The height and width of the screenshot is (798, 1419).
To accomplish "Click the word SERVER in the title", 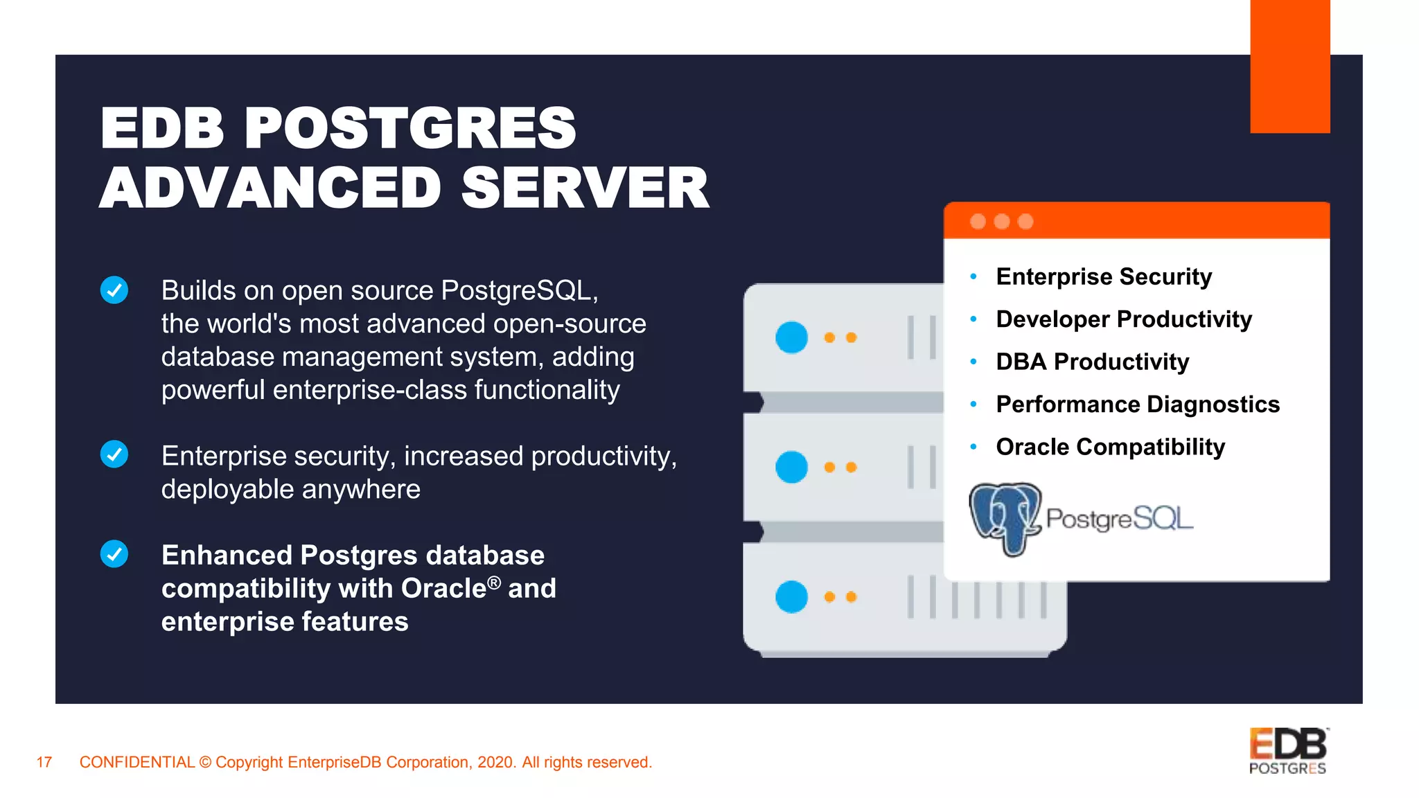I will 585,188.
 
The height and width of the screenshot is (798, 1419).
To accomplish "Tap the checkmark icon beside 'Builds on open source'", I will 114,290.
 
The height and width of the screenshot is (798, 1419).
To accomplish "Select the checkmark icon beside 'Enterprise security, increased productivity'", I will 114,454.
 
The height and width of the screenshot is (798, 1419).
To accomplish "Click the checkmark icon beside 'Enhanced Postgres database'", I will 114,554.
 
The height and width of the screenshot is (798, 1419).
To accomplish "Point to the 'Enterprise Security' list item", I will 1104,276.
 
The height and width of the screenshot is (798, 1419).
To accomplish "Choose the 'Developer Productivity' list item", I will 1123,319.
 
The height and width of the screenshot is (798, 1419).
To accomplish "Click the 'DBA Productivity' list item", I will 1092,362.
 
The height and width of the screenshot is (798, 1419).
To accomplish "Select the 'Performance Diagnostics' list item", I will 1137,405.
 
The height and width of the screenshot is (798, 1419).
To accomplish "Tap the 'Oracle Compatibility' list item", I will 1110,447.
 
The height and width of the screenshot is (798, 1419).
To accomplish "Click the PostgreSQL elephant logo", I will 1005,519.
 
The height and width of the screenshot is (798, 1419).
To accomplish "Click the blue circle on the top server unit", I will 791,337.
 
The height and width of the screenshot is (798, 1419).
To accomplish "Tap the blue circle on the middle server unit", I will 791,467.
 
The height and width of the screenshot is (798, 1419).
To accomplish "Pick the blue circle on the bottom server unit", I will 791,596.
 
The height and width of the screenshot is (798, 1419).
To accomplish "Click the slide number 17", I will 44,763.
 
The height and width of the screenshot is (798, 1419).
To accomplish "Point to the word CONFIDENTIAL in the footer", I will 136,763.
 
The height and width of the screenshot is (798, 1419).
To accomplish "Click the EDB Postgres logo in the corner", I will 1288,751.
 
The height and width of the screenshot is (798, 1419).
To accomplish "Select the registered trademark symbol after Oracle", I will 493,583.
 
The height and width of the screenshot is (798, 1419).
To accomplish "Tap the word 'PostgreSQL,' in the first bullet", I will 519,291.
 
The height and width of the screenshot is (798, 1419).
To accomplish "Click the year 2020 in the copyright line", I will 496,763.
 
